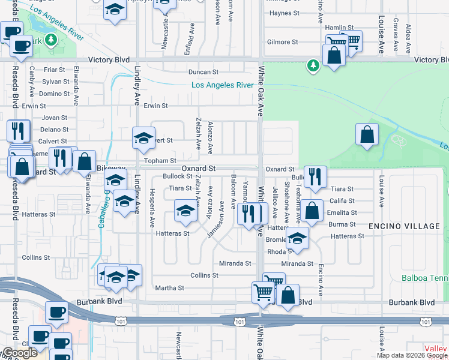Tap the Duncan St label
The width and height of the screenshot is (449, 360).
[x=203, y=72]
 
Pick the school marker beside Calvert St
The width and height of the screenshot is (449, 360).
[x=143, y=139]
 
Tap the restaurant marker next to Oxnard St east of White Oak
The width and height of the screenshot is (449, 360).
[x=315, y=176]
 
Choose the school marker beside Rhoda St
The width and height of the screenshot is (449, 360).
[x=297, y=238]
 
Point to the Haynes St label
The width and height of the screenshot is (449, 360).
[x=285, y=13]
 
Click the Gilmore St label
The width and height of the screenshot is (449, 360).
[x=283, y=42]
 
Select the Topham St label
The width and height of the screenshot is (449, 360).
[x=160, y=161]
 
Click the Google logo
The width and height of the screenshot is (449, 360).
[x=20, y=353]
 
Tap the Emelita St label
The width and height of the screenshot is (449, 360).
[x=342, y=213]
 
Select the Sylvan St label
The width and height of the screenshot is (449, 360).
[x=56, y=82]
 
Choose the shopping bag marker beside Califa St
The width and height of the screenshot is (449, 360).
[x=312, y=211]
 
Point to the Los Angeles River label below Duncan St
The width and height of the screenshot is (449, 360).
[x=222, y=85]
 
